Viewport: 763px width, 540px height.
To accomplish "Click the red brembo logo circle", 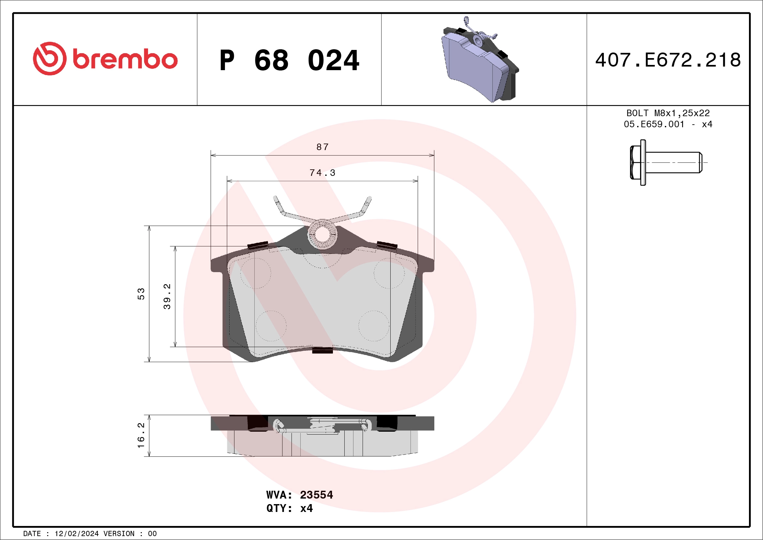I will [x=50, y=58].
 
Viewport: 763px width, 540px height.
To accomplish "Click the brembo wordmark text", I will [x=125, y=59].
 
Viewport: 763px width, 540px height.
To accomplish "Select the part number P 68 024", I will [x=289, y=60].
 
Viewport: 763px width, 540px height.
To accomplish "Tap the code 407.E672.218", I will [x=668, y=60].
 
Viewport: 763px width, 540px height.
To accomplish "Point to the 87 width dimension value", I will [x=322, y=147].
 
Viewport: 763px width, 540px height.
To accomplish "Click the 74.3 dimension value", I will [x=322, y=173].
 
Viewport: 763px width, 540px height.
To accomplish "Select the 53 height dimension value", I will [x=141, y=294].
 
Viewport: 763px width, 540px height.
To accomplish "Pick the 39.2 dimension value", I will [x=167, y=296].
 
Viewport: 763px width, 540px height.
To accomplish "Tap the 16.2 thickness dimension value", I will [x=141, y=436].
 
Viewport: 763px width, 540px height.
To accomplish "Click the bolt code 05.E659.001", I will [x=654, y=124].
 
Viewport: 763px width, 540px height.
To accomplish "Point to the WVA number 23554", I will [x=316, y=495].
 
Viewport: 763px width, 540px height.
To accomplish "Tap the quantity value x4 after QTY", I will [x=306, y=508].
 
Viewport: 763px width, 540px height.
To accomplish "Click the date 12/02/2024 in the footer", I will [x=76, y=534].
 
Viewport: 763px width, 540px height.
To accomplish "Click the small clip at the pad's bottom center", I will [x=322, y=350].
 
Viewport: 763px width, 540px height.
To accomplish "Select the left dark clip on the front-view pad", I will [x=258, y=245].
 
